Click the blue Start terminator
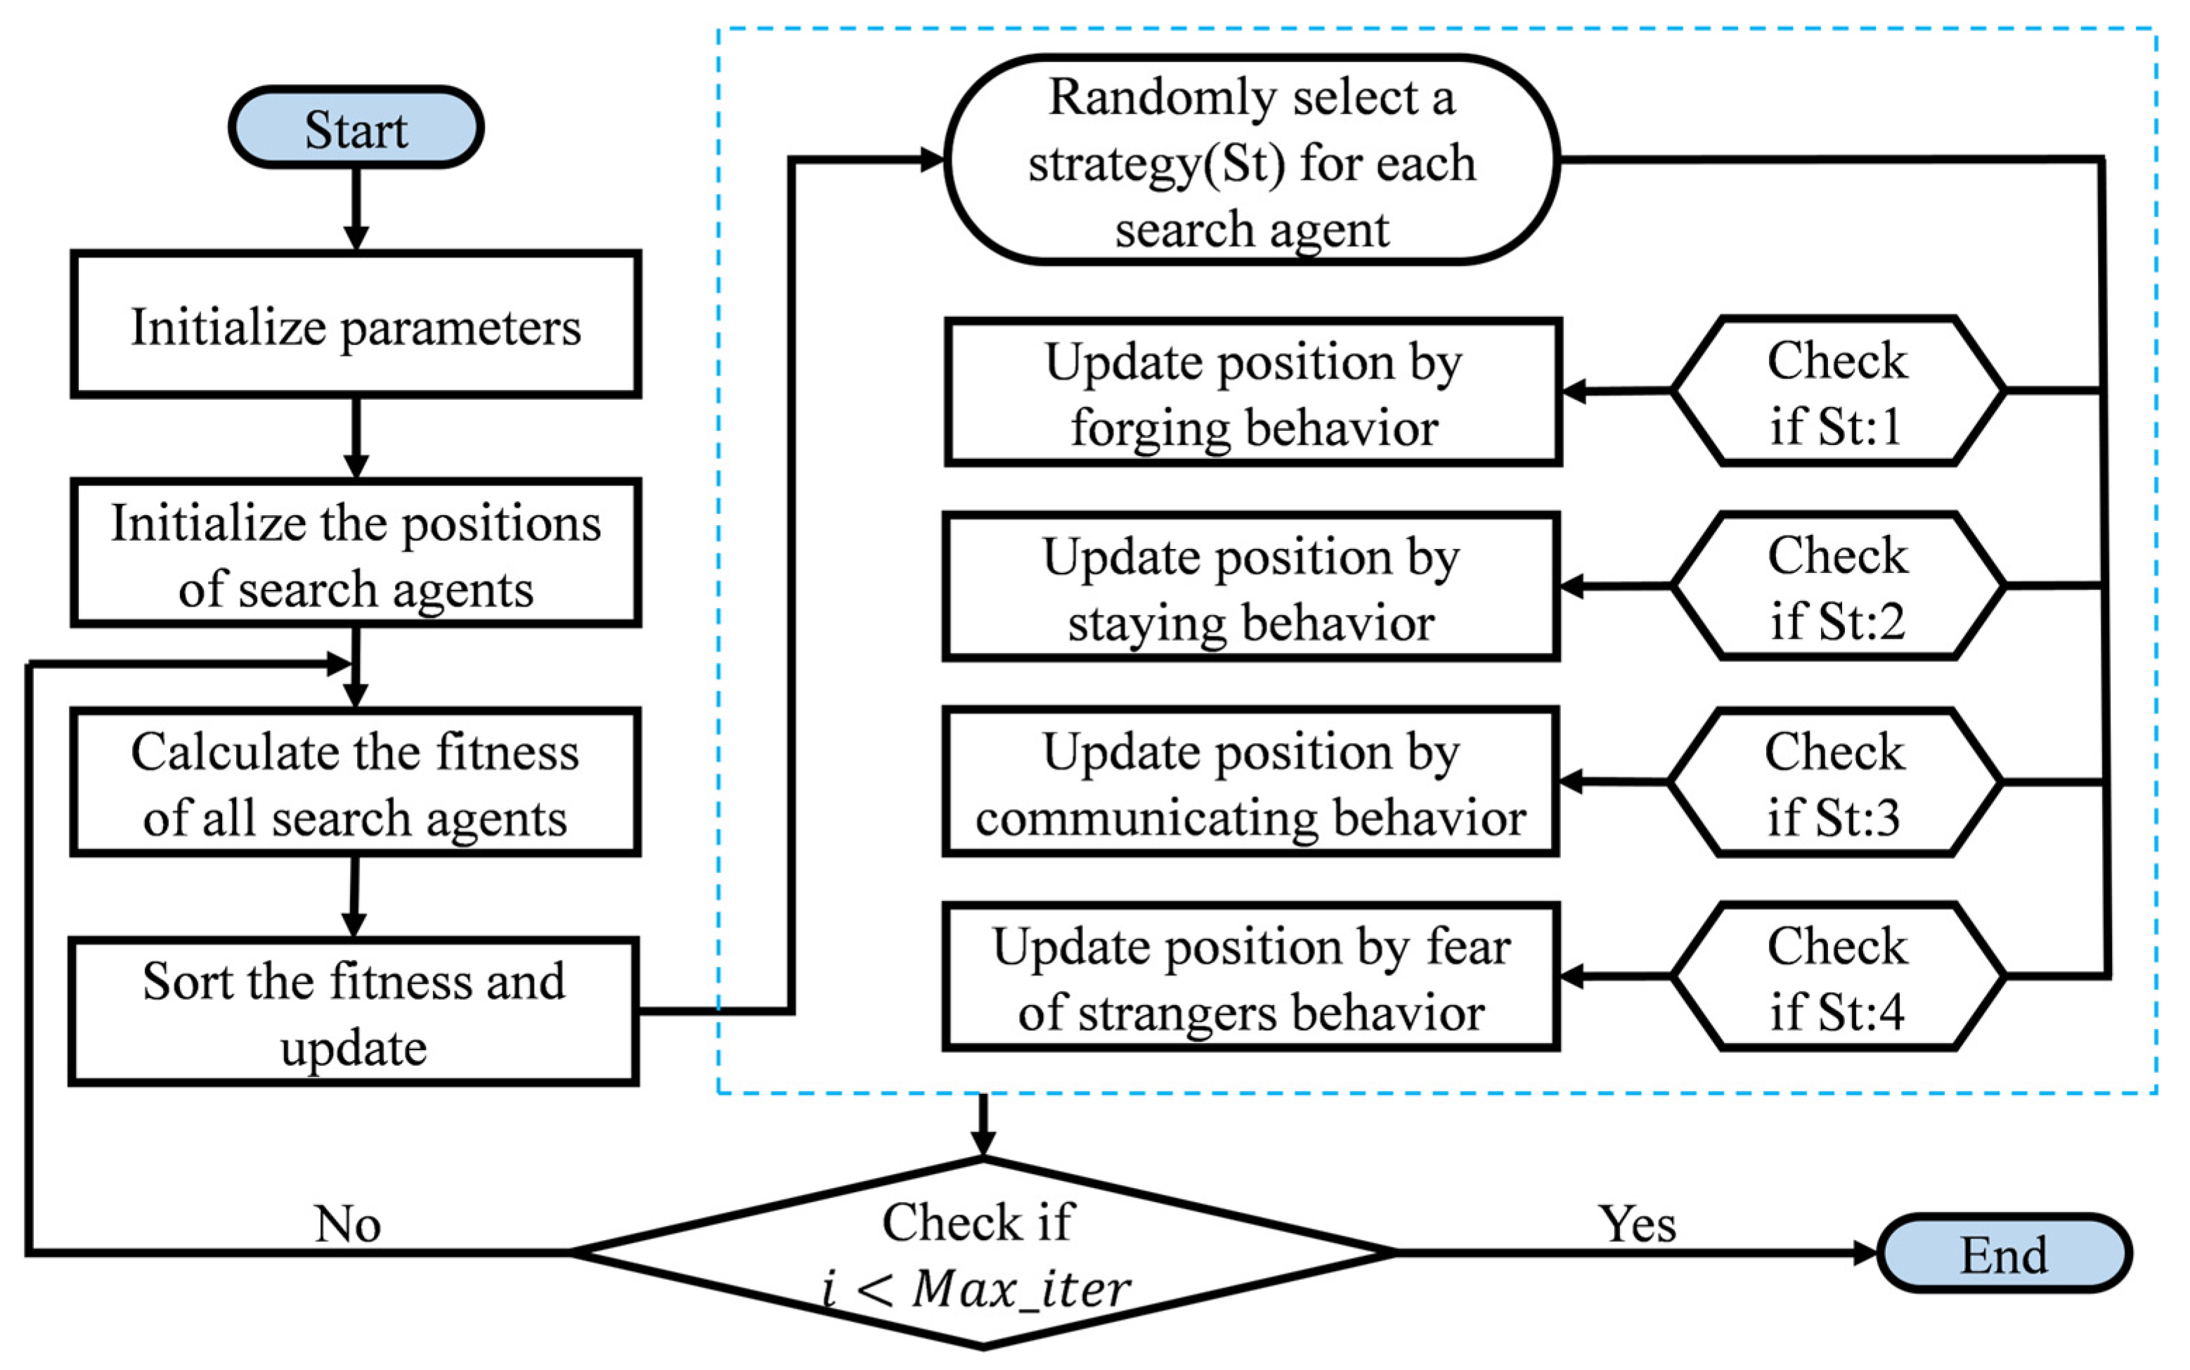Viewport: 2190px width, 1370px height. [356, 128]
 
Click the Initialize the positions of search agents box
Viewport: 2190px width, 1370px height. [356, 554]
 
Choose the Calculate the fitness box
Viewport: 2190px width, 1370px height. [356, 783]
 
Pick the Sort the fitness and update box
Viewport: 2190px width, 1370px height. [354, 1012]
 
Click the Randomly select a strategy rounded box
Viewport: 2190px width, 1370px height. [1252, 160]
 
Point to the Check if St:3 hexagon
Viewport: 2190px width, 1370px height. [1834, 782]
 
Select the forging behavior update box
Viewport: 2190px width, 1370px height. [1254, 392]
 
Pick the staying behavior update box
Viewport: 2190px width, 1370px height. [1251, 587]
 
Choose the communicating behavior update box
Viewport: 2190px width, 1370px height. [1251, 782]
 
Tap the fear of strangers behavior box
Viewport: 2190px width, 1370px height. [1251, 977]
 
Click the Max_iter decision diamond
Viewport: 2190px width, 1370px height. [983, 1253]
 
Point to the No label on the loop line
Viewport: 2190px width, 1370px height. [348, 1224]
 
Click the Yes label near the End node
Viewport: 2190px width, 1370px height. [1637, 1224]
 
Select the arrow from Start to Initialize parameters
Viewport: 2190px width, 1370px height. [356, 208]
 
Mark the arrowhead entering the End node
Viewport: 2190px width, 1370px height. [1864, 1253]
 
